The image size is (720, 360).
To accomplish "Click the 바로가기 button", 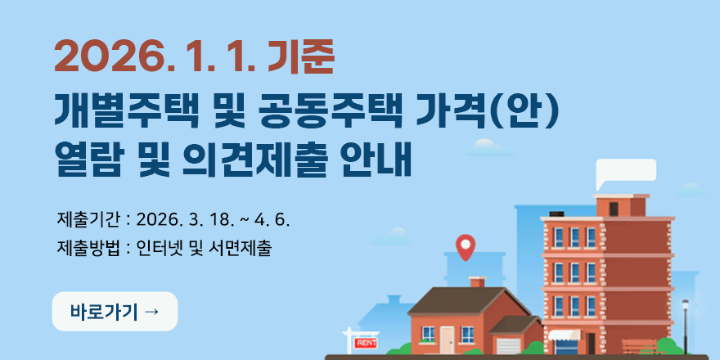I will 115,312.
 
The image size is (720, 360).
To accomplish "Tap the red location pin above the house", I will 466,246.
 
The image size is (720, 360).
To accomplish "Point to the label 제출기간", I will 88,219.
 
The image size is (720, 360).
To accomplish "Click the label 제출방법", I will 88,247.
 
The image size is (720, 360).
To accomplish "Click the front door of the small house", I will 447,339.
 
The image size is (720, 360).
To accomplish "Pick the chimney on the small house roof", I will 477,281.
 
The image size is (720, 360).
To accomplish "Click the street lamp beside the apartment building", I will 686,323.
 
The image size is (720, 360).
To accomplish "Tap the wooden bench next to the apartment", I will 639,346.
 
